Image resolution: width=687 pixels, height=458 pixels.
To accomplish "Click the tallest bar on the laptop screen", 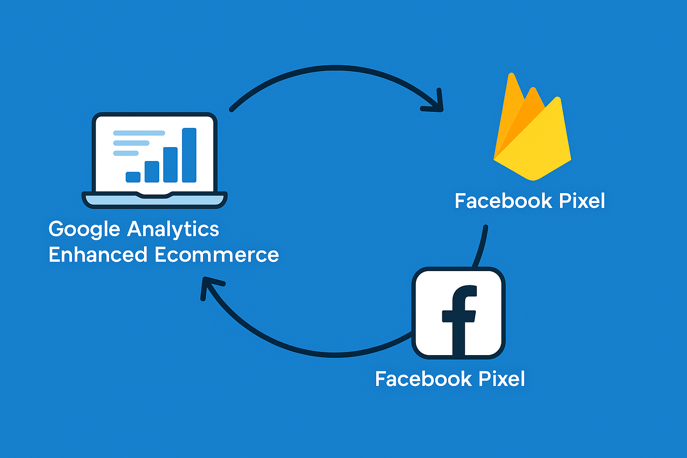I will pos(189,155).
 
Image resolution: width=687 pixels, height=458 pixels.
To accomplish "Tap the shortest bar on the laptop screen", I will pos(133,177).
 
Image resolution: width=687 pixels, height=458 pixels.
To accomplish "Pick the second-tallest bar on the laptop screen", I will pos(170,165).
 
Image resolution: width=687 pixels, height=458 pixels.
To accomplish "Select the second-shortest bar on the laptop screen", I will pos(152,172).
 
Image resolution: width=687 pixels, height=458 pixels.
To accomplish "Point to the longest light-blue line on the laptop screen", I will pos(139,133).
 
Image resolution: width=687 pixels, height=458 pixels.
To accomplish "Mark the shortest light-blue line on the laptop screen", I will pos(126,153).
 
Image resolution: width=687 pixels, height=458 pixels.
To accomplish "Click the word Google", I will pos(85,229).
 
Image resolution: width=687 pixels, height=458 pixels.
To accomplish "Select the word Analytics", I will pos(173,229).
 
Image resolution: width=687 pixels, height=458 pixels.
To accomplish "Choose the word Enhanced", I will pos(98,255).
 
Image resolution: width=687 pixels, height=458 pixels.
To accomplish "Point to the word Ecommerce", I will pos(216,255).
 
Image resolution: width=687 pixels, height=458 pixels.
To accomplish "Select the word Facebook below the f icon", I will pos(424,379).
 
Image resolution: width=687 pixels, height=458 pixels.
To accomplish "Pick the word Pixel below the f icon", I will pos(502,379).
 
